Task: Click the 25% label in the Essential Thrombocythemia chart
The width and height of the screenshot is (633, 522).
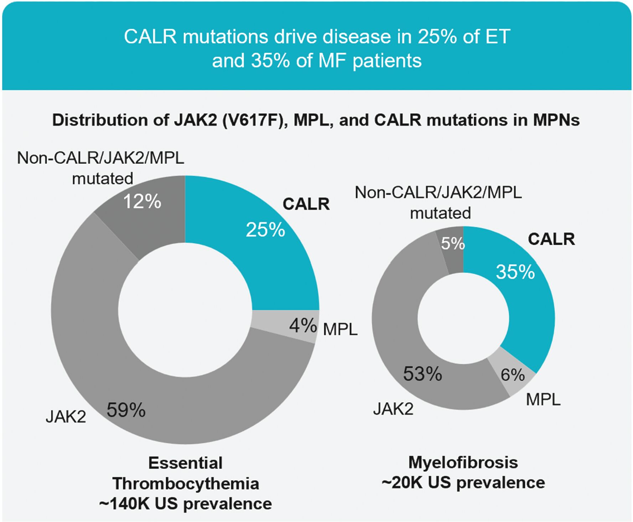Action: [x=266, y=230]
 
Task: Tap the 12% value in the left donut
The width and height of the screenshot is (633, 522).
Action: [x=142, y=202]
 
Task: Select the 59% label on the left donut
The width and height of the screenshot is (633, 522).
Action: [x=126, y=410]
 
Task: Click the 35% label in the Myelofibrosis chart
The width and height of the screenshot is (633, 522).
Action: [x=515, y=272]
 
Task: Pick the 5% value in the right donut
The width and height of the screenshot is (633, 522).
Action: [x=453, y=244]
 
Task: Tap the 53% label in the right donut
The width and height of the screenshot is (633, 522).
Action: [x=423, y=374]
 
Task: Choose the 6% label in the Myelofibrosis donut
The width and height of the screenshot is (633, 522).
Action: [x=513, y=375]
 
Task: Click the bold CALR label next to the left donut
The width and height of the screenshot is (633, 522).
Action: [x=306, y=204]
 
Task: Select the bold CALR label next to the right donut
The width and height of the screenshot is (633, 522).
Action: [x=551, y=239]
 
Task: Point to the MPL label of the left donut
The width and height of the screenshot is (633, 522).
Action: [x=340, y=330]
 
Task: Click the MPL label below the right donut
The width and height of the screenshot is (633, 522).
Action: [x=543, y=400]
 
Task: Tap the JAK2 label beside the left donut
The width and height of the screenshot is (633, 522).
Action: [x=66, y=417]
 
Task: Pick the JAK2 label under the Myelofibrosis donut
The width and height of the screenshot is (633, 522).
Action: [x=393, y=409]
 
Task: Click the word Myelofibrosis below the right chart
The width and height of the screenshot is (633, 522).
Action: [x=463, y=462]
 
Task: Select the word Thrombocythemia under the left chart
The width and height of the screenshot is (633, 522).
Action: [x=186, y=484]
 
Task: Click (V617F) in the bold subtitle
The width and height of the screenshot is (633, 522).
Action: [x=255, y=120]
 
